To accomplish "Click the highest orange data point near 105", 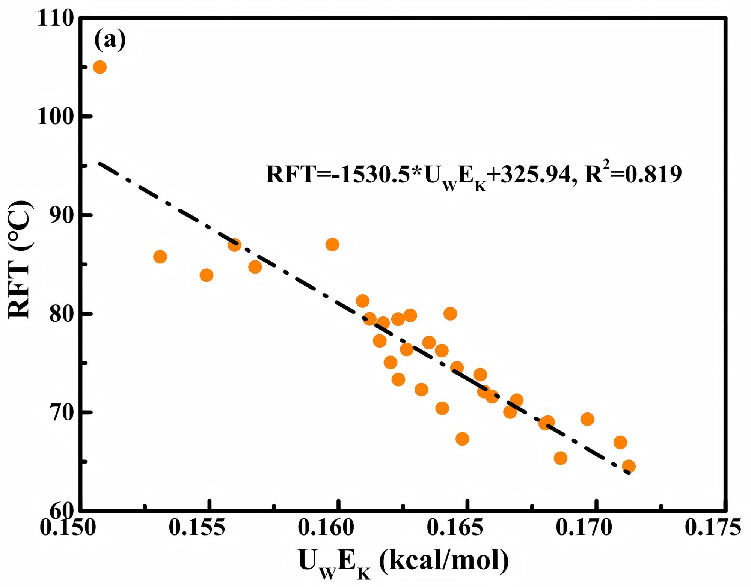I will (100, 67).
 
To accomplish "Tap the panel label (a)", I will (110, 40).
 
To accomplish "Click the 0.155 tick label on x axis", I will (197, 528).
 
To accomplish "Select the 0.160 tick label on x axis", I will (326, 528).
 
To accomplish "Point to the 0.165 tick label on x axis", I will (455, 528).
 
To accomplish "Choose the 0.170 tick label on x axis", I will (584, 528).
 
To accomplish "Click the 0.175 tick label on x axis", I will (713, 528).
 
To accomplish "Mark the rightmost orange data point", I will (629, 467).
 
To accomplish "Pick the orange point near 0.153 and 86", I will (160, 257).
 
